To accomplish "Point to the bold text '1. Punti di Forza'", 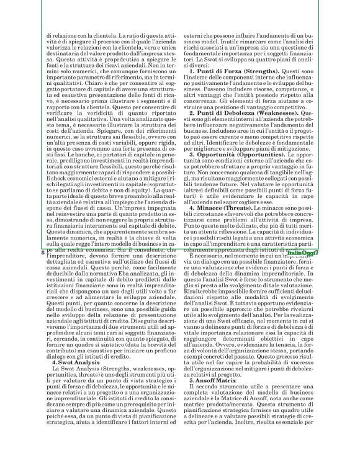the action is pos(219,90).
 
